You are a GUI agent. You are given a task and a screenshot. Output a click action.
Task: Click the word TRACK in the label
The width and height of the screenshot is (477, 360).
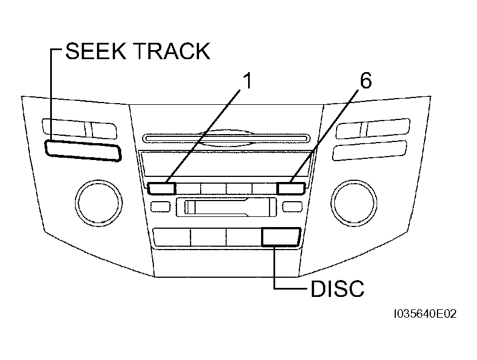(173, 51)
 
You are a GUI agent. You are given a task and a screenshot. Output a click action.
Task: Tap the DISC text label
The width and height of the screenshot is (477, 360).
(337, 288)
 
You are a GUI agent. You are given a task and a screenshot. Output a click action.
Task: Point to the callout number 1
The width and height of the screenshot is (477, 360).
(248, 81)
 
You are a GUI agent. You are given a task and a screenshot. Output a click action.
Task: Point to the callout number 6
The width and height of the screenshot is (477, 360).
(366, 81)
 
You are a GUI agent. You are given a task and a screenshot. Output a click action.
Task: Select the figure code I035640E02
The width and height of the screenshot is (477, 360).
(425, 314)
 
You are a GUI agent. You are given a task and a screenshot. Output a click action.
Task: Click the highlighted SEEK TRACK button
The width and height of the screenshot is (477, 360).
(83, 150)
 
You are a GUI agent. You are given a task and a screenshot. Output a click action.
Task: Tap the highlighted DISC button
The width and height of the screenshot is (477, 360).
(281, 237)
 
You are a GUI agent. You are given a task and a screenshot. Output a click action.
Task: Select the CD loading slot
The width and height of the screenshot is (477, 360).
(226, 139)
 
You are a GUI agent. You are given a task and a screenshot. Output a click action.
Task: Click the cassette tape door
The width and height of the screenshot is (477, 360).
(226, 207)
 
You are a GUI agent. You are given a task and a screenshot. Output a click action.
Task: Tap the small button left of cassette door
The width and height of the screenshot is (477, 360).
(161, 207)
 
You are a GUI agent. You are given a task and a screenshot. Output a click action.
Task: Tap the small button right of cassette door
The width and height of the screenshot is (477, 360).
(292, 207)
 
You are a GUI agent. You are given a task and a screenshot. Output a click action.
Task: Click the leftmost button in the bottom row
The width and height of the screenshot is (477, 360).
(172, 237)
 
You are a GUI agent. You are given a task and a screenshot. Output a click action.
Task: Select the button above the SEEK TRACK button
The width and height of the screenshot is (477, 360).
(79, 128)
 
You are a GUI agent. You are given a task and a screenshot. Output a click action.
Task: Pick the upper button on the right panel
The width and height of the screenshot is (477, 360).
(373, 128)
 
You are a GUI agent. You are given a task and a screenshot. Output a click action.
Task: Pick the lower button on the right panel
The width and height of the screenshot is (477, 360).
(370, 150)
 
